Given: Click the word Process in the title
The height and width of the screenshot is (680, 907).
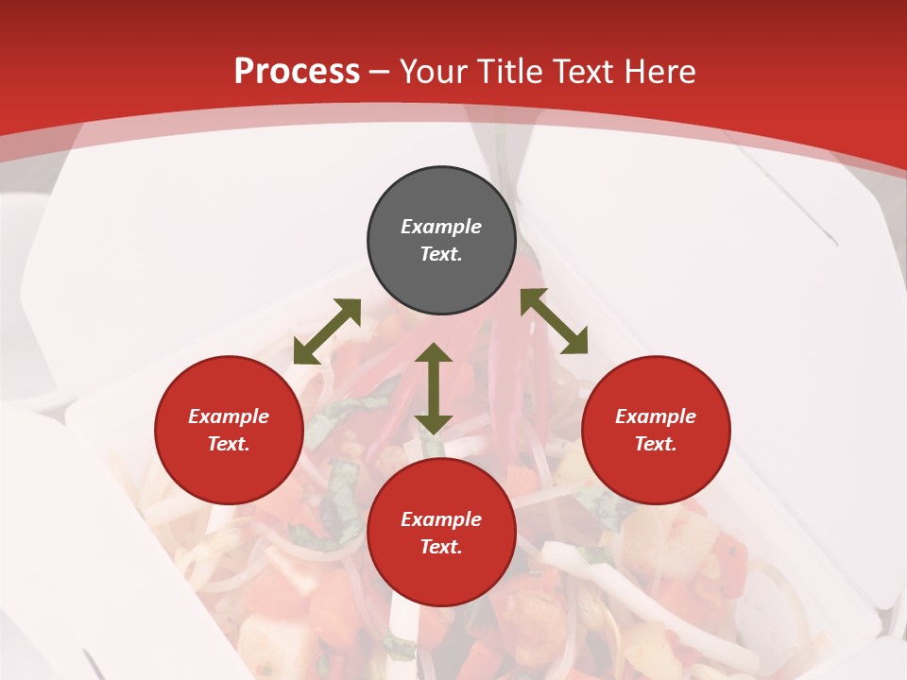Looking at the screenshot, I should click(x=297, y=72).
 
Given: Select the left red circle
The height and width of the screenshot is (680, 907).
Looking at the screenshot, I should click(x=229, y=472).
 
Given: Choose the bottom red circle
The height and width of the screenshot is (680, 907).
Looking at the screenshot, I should click(x=441, y=576).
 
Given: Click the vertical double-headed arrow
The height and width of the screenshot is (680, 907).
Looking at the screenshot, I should click(x=434, y=388).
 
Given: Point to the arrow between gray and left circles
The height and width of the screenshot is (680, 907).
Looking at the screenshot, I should click(x=327, y=331).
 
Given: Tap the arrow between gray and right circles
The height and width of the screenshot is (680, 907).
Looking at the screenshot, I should click(x=555, y=321).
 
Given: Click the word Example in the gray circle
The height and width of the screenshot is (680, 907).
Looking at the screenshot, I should click(x=441, y=227).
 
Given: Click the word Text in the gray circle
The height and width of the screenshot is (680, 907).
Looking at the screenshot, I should click(x=441, y=254).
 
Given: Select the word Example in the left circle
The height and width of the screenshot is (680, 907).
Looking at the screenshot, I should click(x=229, y=416).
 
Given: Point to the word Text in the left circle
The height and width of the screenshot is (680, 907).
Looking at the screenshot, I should click(x=229, y=444).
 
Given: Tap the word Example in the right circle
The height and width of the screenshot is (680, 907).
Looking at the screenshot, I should click(x=656, y=416).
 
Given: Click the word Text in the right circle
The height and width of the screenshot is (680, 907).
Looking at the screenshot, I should click(x=656, y=444).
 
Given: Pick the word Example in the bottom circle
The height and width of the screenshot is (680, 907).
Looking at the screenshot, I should click(x=441, y=519).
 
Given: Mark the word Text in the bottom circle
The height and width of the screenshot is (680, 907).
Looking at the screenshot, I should click(x=441, y=547).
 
